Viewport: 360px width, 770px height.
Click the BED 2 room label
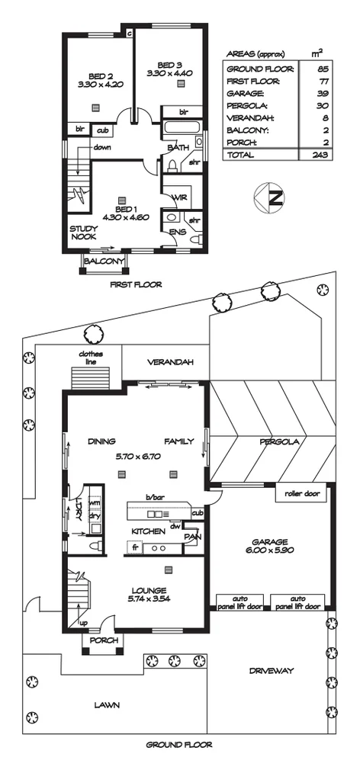point(100,76)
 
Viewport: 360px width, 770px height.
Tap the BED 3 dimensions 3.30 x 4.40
point(170,74)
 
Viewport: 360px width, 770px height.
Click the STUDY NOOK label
point(83,233)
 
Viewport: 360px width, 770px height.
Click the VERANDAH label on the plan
point(169,361)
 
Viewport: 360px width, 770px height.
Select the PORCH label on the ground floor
point(104,640)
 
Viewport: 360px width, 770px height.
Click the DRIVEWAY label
point(271,671)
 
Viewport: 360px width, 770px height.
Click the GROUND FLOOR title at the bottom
point(179,745)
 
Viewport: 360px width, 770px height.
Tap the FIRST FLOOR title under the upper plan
point(136,284)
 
